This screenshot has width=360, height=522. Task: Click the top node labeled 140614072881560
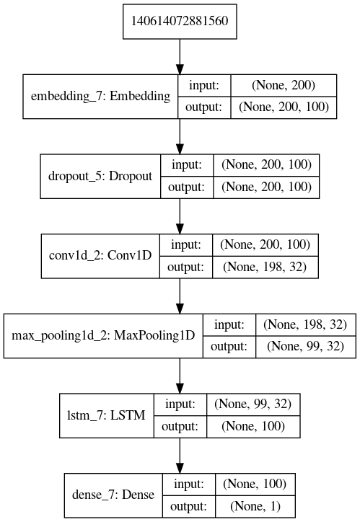click(x=180, y=20)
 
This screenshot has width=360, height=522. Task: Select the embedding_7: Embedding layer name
click(x=100, y=96)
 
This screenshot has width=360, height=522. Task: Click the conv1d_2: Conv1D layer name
click(x=99, y=256)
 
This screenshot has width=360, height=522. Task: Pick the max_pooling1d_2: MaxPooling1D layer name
click(x=104, y=336)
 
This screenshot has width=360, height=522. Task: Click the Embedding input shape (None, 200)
click(x=284, y=85)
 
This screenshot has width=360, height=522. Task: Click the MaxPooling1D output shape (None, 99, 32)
click(x=304, y=347)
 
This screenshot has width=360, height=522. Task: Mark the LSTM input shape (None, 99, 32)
click(x=253, y=405)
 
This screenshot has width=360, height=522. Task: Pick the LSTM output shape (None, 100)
click(x=253, y=427)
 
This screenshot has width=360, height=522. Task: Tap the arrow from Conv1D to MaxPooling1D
click(x=180, y=296)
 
